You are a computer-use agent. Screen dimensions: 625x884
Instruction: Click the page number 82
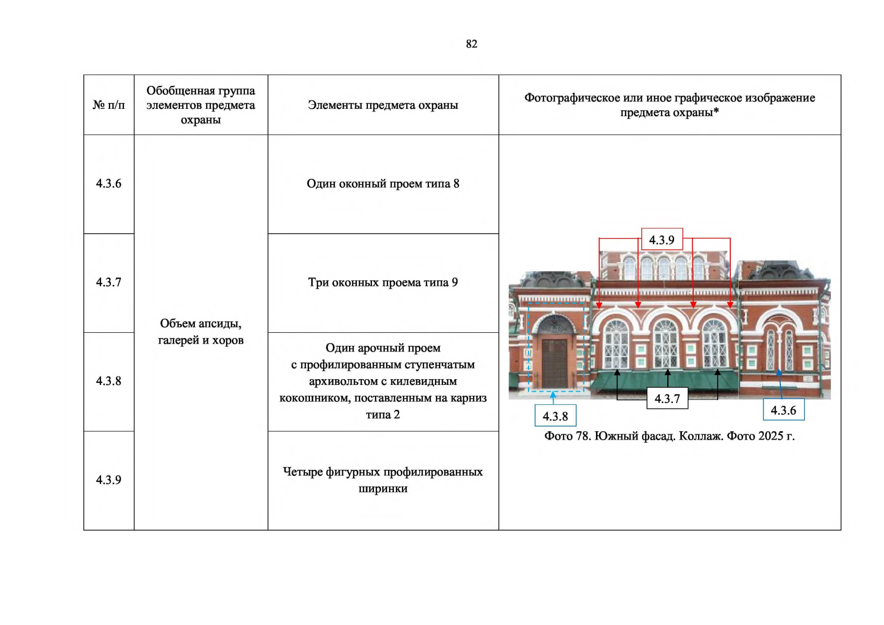tap(471, 44)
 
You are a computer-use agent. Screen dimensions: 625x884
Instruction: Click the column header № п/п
tap(108, 105)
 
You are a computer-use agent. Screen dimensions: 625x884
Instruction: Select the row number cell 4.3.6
tap(108, 183)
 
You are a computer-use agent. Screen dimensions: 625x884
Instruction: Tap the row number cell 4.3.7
tap(108, 282)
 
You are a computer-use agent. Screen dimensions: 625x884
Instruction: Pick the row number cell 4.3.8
tap(108, 381)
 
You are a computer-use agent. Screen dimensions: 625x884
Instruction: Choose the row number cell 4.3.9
tap(108, 480)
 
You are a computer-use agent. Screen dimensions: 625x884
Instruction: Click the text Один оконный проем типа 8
tap(383, 184)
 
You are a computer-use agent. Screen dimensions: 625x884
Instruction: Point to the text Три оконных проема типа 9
tap(383, 283)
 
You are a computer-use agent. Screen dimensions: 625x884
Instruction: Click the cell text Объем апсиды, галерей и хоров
tap(201, 332)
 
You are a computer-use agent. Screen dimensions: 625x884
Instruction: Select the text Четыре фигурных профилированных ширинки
tap(383, 480)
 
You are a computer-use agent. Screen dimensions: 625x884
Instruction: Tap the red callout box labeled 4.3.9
tap(662, 240)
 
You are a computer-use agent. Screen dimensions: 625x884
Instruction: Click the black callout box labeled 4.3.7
tap(667, 399)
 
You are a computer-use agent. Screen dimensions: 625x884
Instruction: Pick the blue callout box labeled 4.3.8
tap(555, 416)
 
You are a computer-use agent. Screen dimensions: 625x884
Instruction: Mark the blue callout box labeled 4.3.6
tap(783, 410)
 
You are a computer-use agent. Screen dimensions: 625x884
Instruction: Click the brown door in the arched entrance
tap(554, 362)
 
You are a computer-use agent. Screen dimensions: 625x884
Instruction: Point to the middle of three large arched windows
tap(665, 343)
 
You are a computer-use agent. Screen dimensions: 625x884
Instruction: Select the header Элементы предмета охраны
tap(383, 105)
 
